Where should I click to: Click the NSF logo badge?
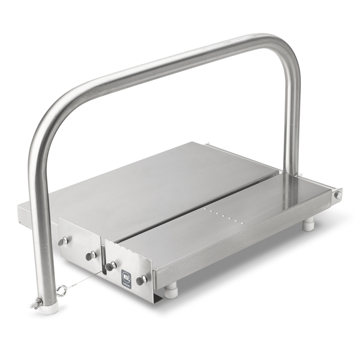point(126,276)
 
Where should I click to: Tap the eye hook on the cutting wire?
point(62,289)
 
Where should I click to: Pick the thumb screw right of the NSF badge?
point(141,279)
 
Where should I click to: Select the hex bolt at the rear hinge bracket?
point(338,195)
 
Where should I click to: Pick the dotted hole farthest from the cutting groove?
point(242,224)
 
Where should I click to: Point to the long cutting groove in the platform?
point(202,205)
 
